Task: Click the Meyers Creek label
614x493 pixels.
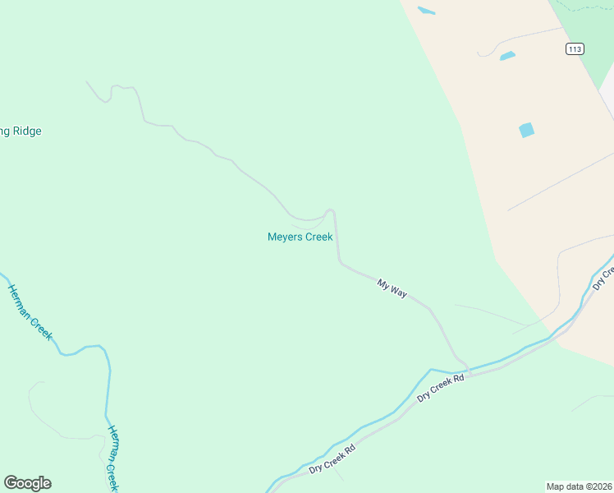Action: point(300,237)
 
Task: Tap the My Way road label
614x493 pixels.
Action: point(392,288)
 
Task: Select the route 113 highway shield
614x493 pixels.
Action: point(575,49)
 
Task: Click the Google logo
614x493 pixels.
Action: point(27,483)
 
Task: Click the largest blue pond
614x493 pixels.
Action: point(526,130)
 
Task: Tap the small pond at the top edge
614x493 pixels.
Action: point(426,11)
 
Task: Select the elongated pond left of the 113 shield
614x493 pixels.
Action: point(507,56)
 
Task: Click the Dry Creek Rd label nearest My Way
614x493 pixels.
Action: point(441,388)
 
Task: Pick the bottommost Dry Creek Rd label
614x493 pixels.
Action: point(332,458)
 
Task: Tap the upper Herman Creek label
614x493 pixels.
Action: point(30,311)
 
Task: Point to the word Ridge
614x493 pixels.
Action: point(26,131)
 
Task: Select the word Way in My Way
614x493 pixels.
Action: point(398,291)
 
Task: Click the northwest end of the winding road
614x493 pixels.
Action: point(87,81)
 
